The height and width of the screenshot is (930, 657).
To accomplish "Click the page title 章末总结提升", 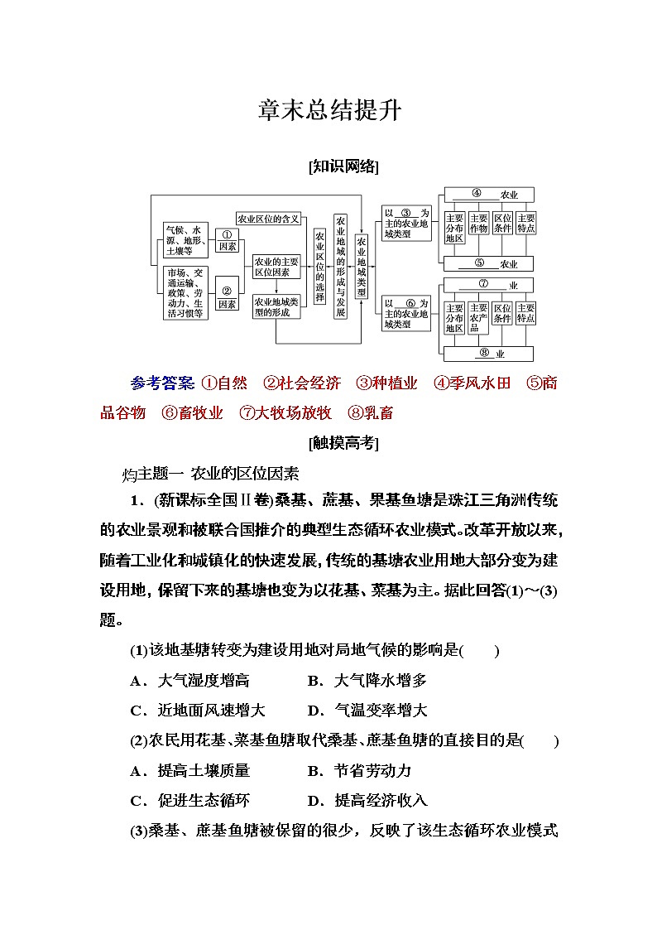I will click(x=328, y=109).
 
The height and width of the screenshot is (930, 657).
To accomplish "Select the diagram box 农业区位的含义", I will click(x=268, y=219).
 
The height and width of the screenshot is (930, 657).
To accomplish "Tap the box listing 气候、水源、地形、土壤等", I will click(x=185, y=240).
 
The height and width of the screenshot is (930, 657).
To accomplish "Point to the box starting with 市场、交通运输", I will click(x=185, y=293).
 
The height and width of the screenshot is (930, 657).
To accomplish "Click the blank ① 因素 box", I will click(x=227, y=240).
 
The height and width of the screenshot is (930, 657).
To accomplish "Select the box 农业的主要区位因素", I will click(x=276, y=266).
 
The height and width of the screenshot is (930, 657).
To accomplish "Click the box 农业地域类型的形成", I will click(x=276, y=306).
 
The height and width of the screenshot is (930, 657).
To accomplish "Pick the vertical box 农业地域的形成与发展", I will click(x=340, y=266).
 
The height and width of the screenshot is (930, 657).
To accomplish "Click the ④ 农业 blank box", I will click(x=489, y=195).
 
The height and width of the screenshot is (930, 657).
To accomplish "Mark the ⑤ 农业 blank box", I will click(x=489, y=264).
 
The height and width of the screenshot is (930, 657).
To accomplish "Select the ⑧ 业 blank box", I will click(x=489, y=354).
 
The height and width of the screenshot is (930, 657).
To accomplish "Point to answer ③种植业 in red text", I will click(x=386, y=383).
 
